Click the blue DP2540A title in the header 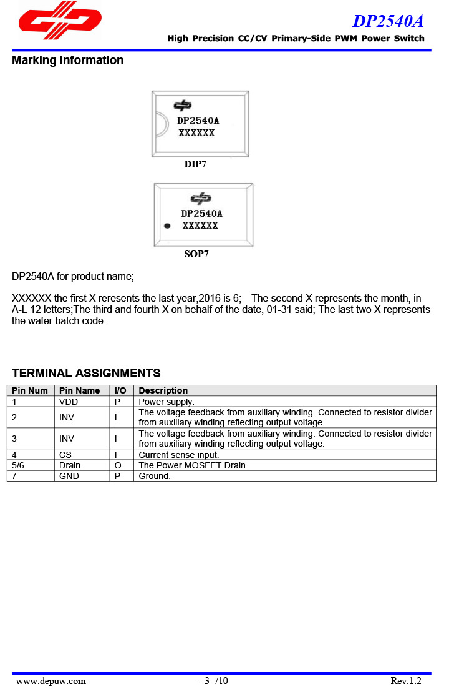(x=388, y=21)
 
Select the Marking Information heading (x=67, y=61)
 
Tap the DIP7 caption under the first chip (x=195, y=164)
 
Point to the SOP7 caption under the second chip (x=196, y=254)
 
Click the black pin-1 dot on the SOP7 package (x=167, y=226)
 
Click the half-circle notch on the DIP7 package (x=160, y=124)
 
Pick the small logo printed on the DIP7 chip (x=183, y=106)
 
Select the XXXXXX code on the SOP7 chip (x=200, y=226)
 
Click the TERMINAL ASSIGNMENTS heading (x=86, y=374)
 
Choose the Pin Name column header (x=79, y=390)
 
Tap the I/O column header (x=120, y=390)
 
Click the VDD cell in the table (x=69, y=402)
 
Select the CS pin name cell (x=65, y=455)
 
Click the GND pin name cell (x=69, y=476)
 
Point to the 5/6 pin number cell (x=18, y=465)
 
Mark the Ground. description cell (x=155, y=476)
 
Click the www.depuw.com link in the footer (x=51, y=681)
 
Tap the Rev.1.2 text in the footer (x=406, y=681)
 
